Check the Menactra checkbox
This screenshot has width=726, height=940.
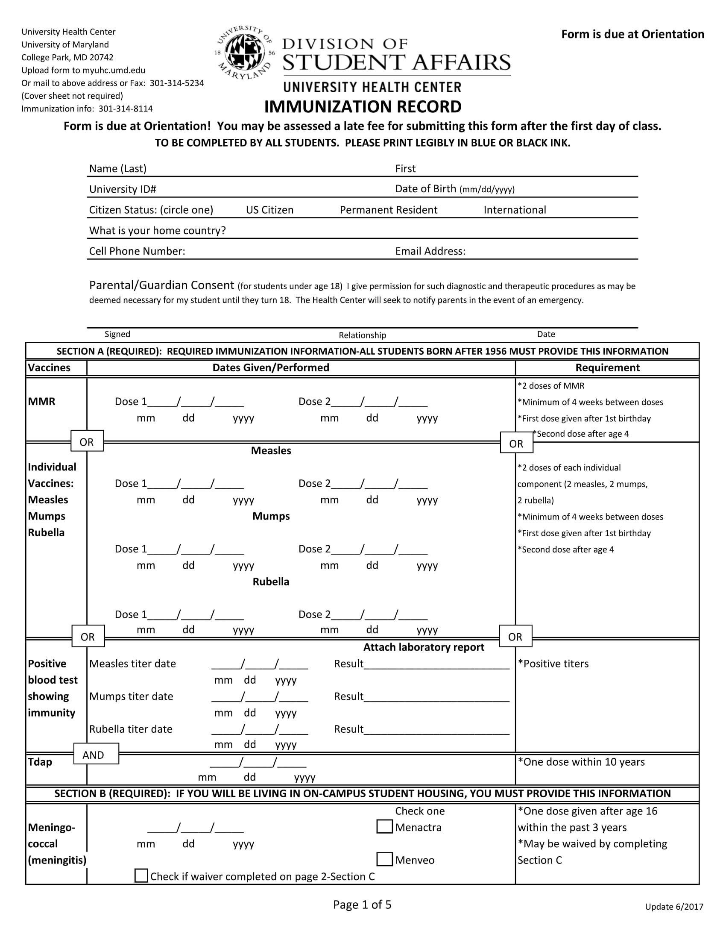384,827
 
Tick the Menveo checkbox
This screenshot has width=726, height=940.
384,860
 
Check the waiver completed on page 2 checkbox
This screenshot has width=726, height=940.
141,876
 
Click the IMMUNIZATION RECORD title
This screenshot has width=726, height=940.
363,107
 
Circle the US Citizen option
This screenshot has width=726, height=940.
269,210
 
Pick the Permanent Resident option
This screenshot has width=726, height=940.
388,210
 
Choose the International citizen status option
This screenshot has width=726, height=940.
515,210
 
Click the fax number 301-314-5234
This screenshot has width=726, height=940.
177,83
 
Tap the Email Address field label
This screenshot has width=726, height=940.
430,251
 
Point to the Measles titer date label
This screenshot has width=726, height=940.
132,664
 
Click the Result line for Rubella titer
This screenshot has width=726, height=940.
436,730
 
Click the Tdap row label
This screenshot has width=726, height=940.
40,762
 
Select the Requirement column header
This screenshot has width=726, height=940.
607,367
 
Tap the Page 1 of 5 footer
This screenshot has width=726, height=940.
362,904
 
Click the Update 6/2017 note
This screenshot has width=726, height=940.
674,907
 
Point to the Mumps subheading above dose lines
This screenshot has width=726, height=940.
271,516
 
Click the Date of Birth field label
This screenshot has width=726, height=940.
425,189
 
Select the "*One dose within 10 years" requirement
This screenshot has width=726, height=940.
581,762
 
